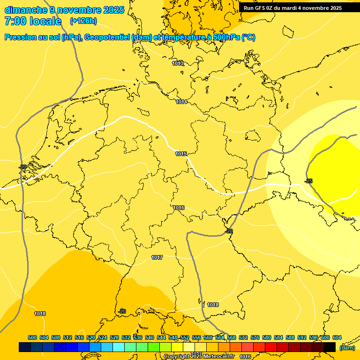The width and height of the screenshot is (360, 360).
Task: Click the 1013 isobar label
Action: point(178,63)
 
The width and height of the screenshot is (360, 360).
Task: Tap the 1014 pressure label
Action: point(182,102)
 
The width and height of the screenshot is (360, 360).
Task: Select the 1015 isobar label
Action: point(181,154)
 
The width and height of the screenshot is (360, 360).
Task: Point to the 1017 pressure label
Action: point(157,258)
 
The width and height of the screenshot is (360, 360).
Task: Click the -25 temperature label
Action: point(308,181)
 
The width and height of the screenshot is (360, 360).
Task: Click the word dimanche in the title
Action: point(26,10)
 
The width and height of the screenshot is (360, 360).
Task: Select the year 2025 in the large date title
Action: point(113,10)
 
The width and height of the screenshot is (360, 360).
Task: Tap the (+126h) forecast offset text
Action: point(84,21)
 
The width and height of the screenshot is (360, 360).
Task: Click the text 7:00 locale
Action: point(33,21)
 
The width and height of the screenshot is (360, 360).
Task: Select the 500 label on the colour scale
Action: point(32,337)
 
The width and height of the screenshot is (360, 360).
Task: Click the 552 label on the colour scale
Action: point(185,337)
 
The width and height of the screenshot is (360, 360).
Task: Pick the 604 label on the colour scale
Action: point(337,337)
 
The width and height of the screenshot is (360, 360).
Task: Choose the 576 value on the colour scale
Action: point(255,337)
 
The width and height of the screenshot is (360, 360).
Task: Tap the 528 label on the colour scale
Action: point(114,337)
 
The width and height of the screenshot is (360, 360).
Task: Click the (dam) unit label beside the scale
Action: point(347,348)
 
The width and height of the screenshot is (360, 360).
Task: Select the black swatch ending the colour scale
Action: point(330,347)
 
